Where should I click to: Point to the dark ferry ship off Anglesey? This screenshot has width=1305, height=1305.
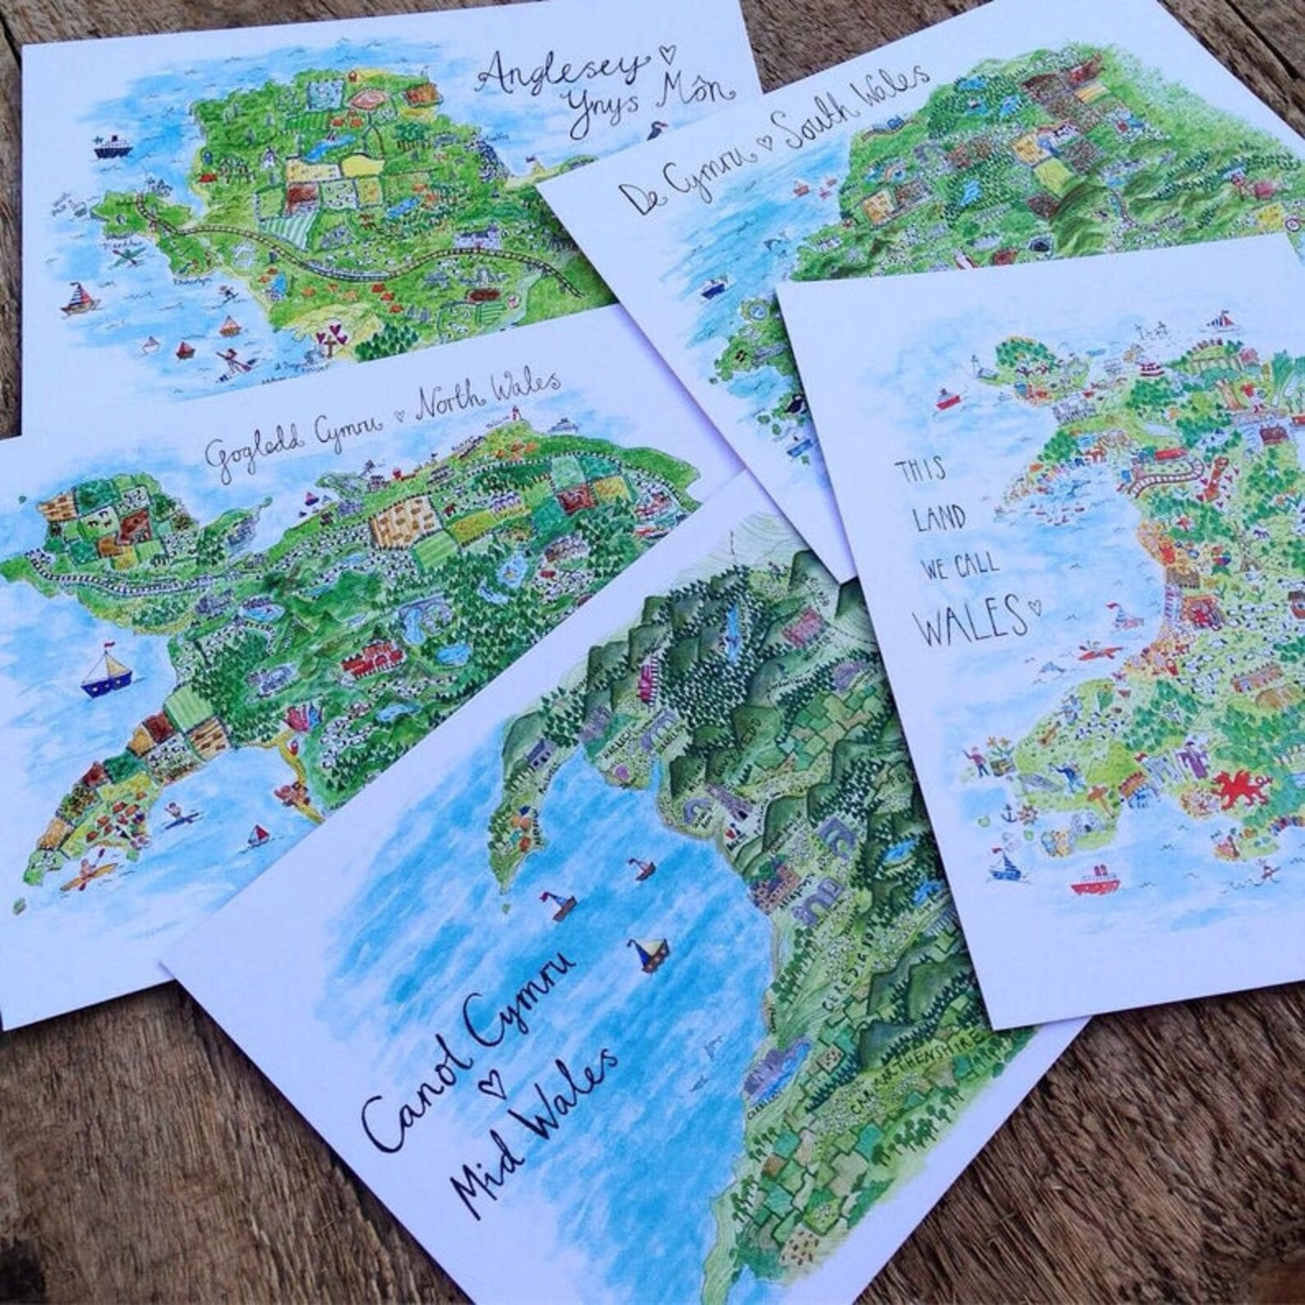111,149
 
